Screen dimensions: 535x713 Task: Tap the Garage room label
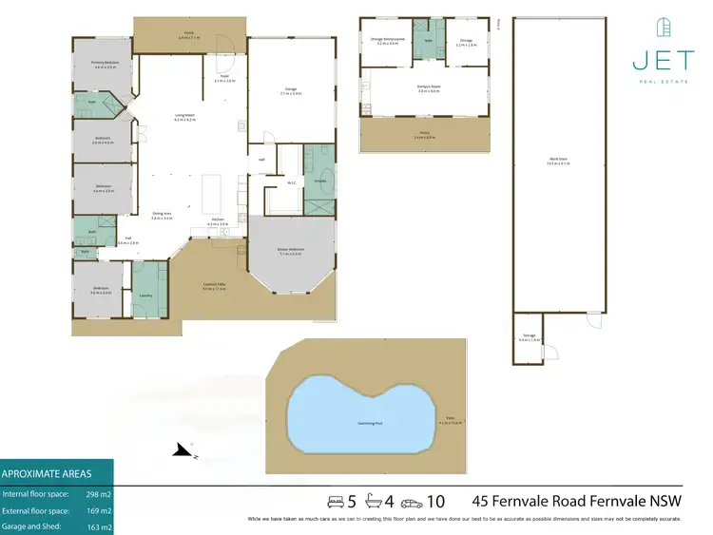pyautogui.click(x=291, y=92)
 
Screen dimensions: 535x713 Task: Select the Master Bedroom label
pyautogui.click(x=290, y=251)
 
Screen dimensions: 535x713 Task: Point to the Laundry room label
pyautogui.click(x=145, y=295)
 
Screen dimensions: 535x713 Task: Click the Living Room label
pyautogui.click(x=184, y=117)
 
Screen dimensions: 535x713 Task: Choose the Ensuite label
pyautogui.click(x=320, y=180)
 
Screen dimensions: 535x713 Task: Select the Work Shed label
pyautogui.click(x=558, y=161)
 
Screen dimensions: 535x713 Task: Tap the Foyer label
pyautogui.click(x=224, y=78)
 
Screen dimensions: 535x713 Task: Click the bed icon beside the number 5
pyautogui.click(x=334, y=501)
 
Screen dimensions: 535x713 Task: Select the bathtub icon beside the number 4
pyautogui.click(x=372, y=501)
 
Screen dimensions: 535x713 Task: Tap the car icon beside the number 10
pyautogui.click(x=411, y=501)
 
